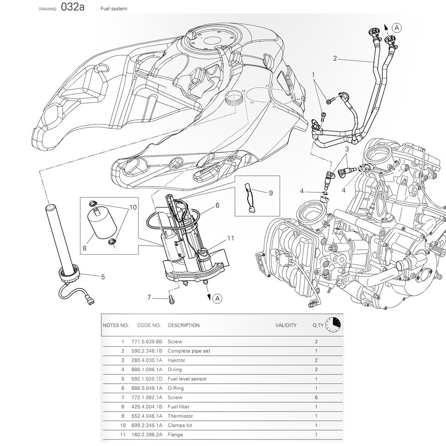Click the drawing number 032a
click(72, 7)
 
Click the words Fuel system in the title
click(114, 9)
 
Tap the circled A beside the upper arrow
click(396, 28)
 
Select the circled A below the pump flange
click(217, 298)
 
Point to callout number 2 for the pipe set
click(335, 59)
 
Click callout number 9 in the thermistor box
click(271, 193)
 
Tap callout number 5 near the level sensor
click(103, 277)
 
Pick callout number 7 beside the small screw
click(149, 297)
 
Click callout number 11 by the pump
click(231, 238)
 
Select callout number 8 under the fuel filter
click(85, 248)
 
